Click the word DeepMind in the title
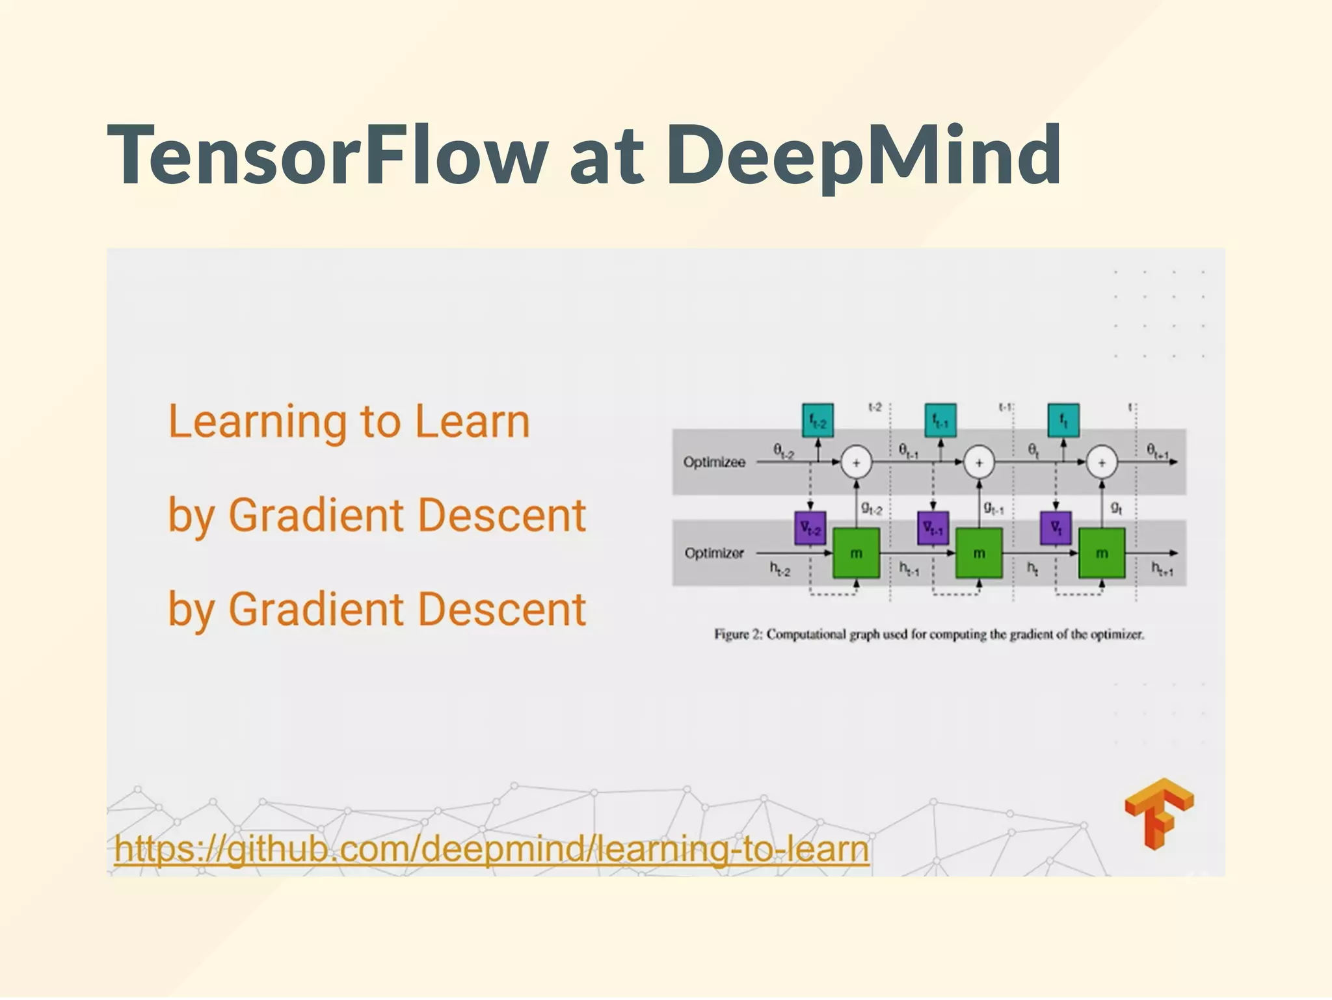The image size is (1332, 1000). coord(864,156)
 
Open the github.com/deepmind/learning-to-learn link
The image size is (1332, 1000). coord(491,849)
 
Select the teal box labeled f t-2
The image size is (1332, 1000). coord(818,421)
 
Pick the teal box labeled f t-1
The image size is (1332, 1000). coord(940,421)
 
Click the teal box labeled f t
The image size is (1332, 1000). coord(1063,421)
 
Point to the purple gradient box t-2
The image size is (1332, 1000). coord(810,528)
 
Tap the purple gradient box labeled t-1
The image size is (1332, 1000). coord(933,528)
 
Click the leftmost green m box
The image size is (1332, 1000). coord(856,553)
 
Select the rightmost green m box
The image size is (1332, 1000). coord(1102,553)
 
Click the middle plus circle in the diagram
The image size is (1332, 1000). coord(979,463)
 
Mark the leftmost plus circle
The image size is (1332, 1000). coord(856,463)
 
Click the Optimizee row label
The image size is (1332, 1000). coord(714,462)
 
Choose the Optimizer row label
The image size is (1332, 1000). coord(714,553)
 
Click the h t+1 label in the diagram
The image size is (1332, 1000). coord(1163,570)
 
